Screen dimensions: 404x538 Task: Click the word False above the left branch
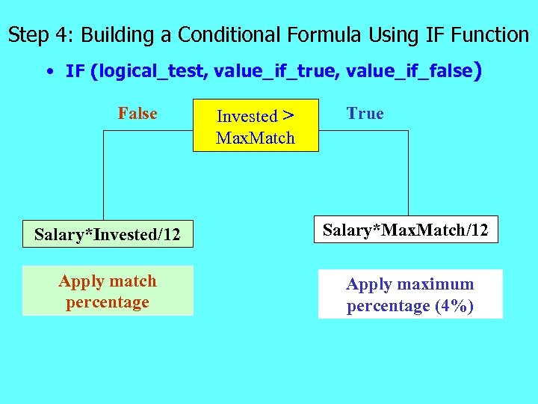[137, 114]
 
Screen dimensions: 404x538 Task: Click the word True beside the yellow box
[365, 114]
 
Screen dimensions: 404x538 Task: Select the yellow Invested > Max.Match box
[256, 126]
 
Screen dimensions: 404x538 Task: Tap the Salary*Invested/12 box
[108, 235]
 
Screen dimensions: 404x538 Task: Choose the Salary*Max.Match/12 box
[405, 230]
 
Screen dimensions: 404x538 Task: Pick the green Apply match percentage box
[108, 291]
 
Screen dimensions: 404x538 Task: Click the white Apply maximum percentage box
[410, 295]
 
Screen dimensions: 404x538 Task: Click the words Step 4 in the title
[39, 35]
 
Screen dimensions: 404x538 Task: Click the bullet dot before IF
[49, 73]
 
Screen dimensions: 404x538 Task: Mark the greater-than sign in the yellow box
[288, 116]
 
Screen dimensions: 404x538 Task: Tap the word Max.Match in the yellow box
[256, 138]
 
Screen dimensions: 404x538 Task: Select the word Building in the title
[120, 35]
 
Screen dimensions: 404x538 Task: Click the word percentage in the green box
[108, 302]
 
